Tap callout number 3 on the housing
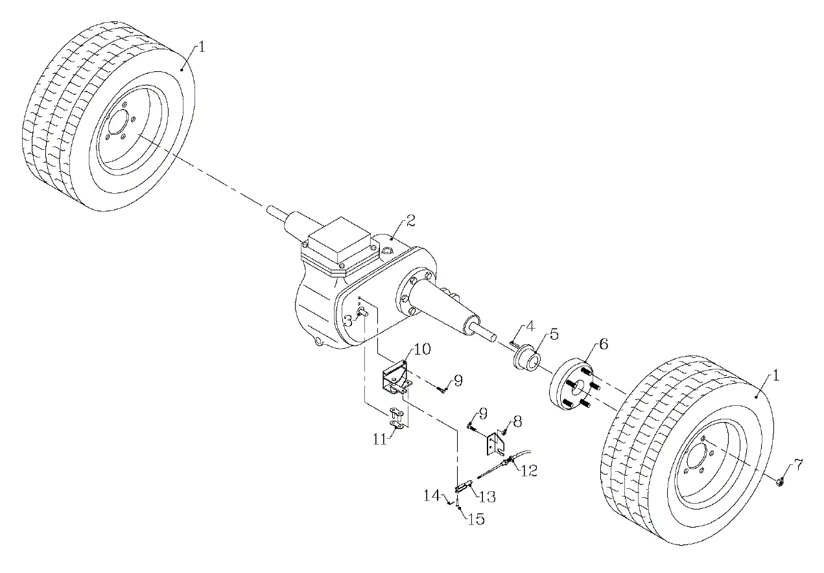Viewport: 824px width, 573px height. (348, 320)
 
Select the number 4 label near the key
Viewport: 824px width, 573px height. (530, 327)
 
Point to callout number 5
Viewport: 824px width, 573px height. (553, 336)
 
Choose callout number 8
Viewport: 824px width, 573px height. (517, 421)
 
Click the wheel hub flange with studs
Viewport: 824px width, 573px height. (574, 387)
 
